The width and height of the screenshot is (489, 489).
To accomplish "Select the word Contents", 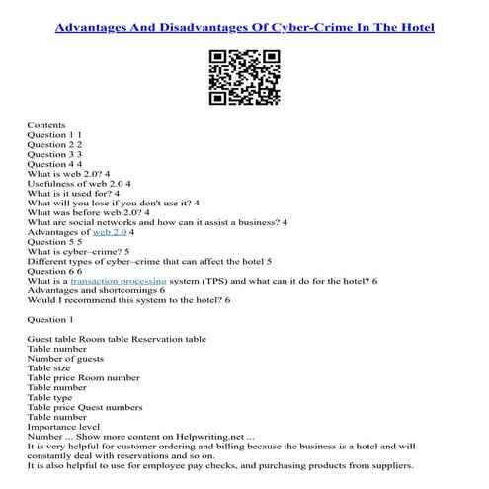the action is coord(46,125).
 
